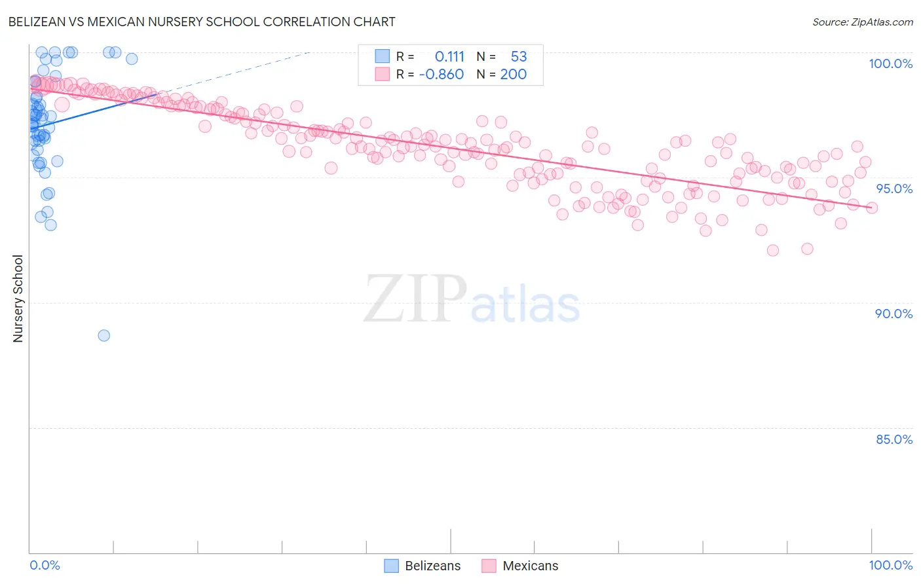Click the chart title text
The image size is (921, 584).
point(202,22)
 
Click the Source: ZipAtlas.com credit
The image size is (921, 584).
point(862,22)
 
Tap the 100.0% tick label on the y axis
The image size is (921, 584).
point(890,64)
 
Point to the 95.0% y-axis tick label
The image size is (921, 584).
point(894,189)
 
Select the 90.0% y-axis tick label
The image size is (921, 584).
point(893,314)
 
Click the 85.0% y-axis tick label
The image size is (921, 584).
point(893,439)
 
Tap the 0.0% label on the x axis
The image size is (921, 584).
point(45,565)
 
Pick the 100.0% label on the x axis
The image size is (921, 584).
point(890,565)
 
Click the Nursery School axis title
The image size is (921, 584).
point(18,298)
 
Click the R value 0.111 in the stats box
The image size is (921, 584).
point(449,57)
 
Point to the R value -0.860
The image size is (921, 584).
point(441,74)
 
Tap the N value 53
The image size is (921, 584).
point(518,57)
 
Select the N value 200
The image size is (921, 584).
point(513,74)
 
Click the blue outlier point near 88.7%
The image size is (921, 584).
point(103,335)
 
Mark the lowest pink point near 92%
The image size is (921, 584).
point(773,250)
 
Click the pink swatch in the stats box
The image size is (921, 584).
point(382,74)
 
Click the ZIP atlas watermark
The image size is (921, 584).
point(472,299)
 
